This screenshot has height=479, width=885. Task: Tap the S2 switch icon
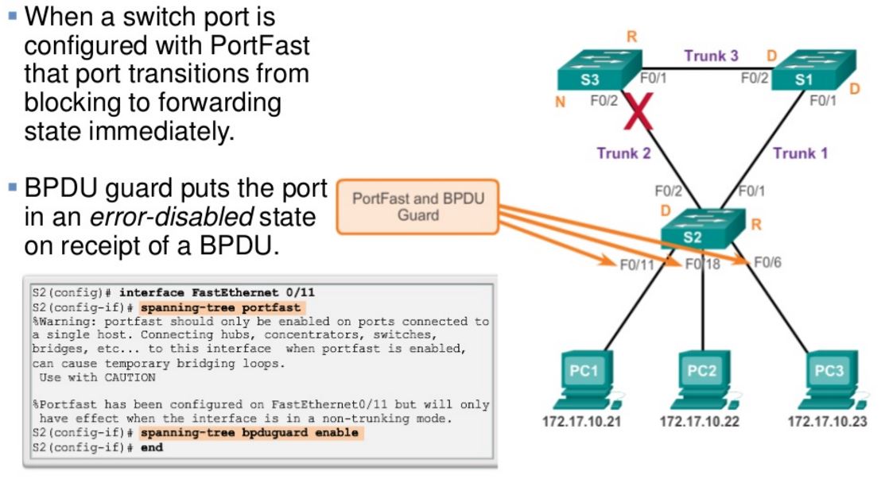705,230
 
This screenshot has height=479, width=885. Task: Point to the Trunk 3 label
711,56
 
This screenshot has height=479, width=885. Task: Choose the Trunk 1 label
800,153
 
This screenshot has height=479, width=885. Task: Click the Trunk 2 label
623,153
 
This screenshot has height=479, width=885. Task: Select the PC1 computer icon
584,380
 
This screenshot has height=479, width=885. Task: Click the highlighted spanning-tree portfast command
222,307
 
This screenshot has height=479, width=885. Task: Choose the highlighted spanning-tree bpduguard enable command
249,433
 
